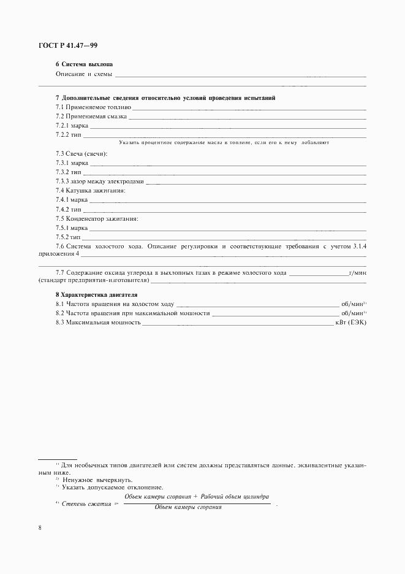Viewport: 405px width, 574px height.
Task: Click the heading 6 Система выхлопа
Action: coord(84,64)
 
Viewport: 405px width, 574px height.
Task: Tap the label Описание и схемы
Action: coord(84,74)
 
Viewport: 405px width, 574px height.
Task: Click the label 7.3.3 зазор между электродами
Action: coord(100,181)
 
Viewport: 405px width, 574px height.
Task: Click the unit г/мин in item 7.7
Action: coord(357,272)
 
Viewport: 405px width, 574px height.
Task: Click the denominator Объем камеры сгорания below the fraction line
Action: coord(188,508)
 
